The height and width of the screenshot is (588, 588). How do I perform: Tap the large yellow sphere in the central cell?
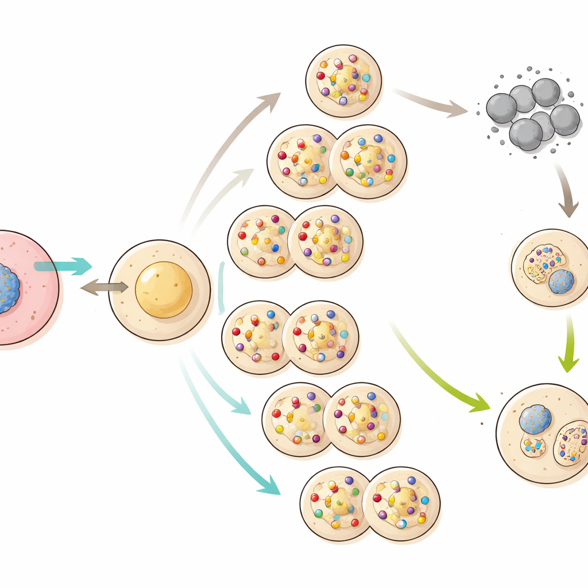coord(164,289)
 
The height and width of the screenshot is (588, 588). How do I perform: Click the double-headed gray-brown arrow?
coord(104,288)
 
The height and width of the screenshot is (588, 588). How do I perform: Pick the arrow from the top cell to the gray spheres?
coord(431,102)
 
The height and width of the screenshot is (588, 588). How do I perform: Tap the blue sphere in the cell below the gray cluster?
coord(561,281)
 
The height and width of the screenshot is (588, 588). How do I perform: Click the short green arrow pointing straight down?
coord(569,345)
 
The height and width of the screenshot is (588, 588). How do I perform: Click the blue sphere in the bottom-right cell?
coord(535,419)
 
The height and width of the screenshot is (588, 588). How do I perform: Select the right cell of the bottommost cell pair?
coord(401,504)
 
